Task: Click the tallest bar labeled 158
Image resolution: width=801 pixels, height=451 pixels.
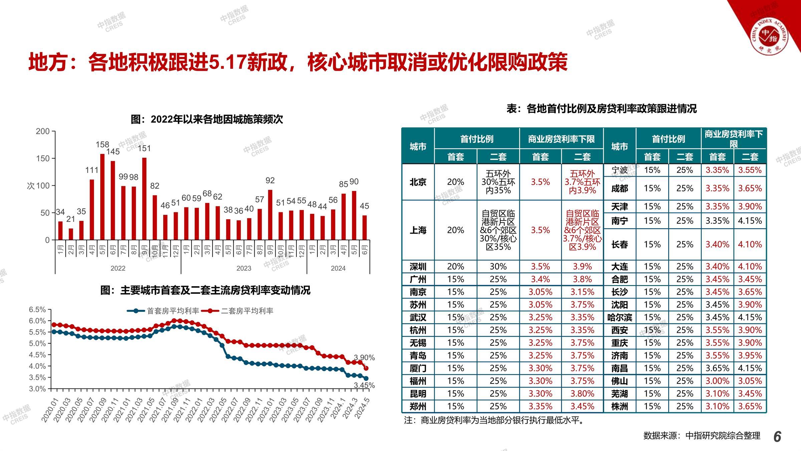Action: point(102,197)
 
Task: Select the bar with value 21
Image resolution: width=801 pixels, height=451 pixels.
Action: point(71,234)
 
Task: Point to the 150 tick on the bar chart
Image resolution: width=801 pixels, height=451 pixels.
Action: point(43,158)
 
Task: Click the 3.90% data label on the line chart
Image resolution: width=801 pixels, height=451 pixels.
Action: point(364,358)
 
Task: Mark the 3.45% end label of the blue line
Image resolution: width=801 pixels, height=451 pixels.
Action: point(364,385)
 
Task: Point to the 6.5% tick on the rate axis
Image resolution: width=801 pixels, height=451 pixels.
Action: point(37,310)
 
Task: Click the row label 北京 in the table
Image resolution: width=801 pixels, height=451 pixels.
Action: point(418,182)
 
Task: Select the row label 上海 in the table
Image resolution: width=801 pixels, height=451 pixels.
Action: point(418,230)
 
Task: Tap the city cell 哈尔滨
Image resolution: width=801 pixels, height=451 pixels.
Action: point(619,317)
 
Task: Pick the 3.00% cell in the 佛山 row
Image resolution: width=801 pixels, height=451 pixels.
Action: point(717,381)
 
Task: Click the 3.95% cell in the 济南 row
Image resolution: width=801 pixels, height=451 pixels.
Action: point(750,355)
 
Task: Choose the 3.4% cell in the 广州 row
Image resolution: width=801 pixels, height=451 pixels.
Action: point(540,279)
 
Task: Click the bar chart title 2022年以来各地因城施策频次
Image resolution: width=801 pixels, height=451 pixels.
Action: point(207,120)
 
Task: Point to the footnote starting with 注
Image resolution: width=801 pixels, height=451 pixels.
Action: point(495,420)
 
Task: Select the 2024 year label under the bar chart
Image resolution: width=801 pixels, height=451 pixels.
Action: point(338,268)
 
